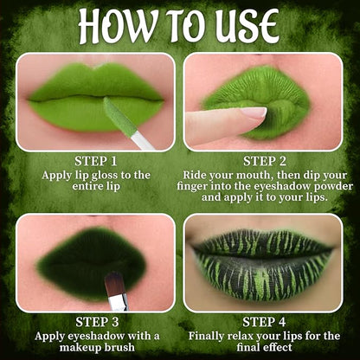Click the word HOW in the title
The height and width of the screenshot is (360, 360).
point(119,26)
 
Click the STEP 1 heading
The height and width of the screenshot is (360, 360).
point(96,161)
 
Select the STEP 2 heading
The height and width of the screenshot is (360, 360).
point(265,161)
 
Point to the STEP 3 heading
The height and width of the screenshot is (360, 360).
point(97,322)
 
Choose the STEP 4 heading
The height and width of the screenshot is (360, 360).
point(264,322)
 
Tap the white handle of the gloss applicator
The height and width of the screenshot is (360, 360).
point(143,141)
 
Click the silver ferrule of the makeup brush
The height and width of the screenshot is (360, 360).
point(119,302)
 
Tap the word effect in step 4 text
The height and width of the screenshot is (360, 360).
point(276,347)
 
